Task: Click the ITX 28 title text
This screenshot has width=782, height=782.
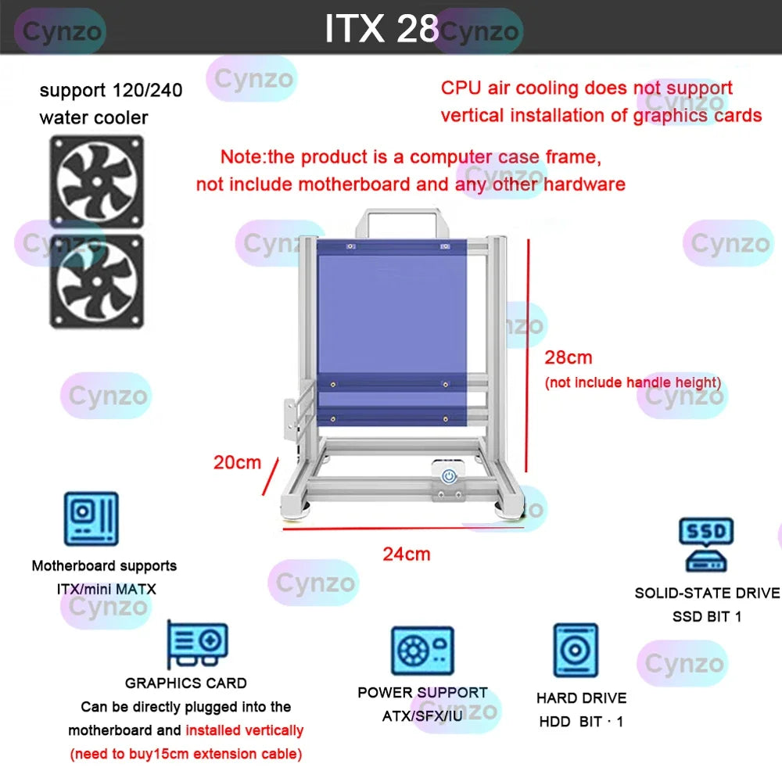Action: point(381,29)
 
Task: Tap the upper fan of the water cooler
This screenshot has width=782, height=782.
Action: point(97,181)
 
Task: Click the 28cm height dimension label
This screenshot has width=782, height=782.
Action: point(569,358)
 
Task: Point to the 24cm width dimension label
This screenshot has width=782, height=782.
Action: point(406,554)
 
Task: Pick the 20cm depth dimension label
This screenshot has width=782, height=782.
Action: point(237,462)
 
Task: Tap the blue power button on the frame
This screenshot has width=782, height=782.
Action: point(449,475)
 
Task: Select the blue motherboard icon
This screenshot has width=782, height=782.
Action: point(91,518)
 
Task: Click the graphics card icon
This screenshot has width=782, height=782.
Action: point(198,642)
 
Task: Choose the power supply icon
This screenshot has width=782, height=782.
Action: point(422,651)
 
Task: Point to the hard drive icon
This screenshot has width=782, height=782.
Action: point(576,650)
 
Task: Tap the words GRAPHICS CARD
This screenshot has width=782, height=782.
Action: point(186,683)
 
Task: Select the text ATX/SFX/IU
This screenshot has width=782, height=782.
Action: point(422,716)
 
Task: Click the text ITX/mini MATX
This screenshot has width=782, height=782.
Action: point(106,589)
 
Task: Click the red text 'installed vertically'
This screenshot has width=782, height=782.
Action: point(244,730)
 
